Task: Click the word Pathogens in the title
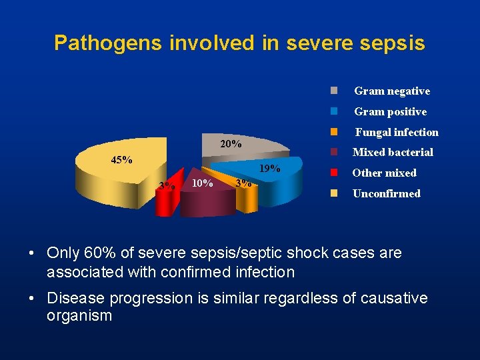click(108, 43)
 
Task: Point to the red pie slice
click(165, 200)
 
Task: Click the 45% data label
click(121, 160)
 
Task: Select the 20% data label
click(231, 145)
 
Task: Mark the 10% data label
click(202, 183)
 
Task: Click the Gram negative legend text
click(392, 91)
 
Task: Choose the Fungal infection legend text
click(397, 133)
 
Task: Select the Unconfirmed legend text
click(387, 194)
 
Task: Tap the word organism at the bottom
click(79, 315)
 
